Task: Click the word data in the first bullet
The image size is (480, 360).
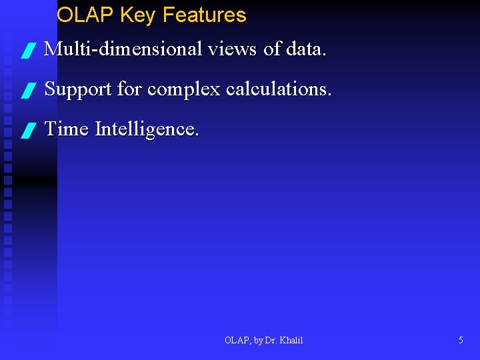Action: [x=306, y=49]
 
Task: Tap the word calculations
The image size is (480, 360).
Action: [x=278, y=89]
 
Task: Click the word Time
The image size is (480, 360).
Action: [x=67, y=129]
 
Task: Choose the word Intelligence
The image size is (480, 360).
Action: [x=147, y=129]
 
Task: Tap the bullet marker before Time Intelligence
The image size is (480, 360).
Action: [x=27, y=131]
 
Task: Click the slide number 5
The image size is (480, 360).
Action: [x=461, y=341]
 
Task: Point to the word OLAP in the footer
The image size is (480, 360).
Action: [x=236, y=341]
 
